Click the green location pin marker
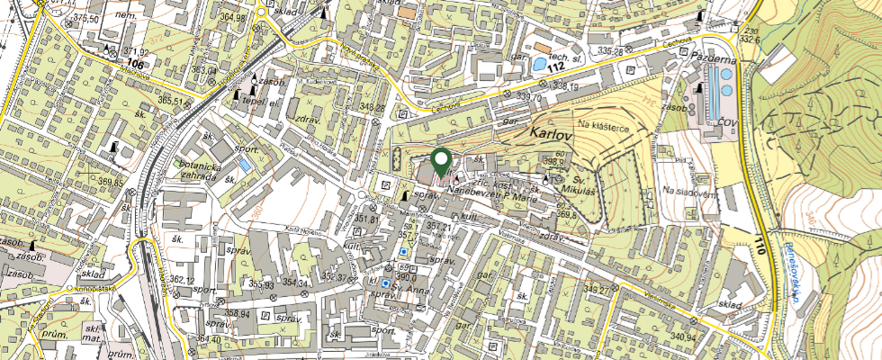click(x=441, y=161)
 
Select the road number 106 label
click(x=136, y=65)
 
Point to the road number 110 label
click(x=762, y=243)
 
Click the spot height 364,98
click(x=232, y=17)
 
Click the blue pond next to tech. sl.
click(x=538, y=66)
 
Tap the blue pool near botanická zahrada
click(x=245, y=166)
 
